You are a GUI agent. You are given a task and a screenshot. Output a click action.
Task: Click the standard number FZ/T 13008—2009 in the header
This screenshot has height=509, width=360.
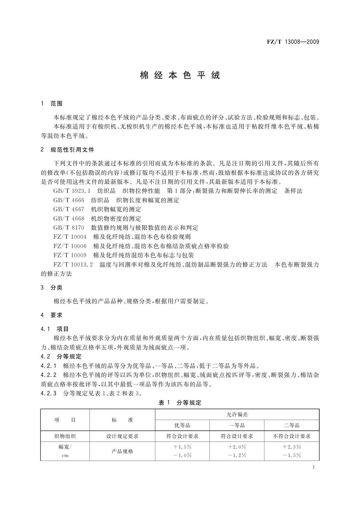tap(293, 42)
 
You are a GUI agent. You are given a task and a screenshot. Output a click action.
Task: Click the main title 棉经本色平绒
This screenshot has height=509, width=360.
tap(180, 75)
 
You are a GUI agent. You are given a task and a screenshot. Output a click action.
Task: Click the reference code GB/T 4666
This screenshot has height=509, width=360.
tap(69, 200)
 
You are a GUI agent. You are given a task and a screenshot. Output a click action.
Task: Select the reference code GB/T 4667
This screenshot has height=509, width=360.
tap(69, 209)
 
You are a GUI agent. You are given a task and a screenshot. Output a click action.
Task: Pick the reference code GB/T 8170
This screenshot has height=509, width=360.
tap(69, 228)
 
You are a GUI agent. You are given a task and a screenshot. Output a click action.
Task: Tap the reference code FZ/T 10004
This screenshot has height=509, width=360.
tap(70, 237)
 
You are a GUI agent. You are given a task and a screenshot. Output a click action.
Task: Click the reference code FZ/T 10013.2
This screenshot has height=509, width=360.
tap(73, 265)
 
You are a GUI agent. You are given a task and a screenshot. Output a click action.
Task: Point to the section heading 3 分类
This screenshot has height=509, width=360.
tap(52, 287)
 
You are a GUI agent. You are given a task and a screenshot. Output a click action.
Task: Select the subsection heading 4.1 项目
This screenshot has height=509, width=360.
tap(55, 329)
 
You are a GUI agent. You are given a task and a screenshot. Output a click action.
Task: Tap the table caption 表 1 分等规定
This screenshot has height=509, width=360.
tap(180, 403)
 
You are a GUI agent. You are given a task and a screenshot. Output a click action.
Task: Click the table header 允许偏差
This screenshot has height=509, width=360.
tap(237, 415)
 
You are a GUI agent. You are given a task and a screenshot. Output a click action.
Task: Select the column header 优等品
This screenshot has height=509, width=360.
tap(182, 425)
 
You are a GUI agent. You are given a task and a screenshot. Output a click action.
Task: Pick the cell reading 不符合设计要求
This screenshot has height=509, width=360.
tap(292, 436)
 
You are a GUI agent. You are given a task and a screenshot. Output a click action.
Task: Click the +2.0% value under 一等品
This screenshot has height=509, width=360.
tap(237, 447)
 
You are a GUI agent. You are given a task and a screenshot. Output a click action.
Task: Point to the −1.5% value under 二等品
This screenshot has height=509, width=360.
tap(292, 456)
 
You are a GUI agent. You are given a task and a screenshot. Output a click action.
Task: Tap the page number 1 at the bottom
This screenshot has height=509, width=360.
tap(313, 467)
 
